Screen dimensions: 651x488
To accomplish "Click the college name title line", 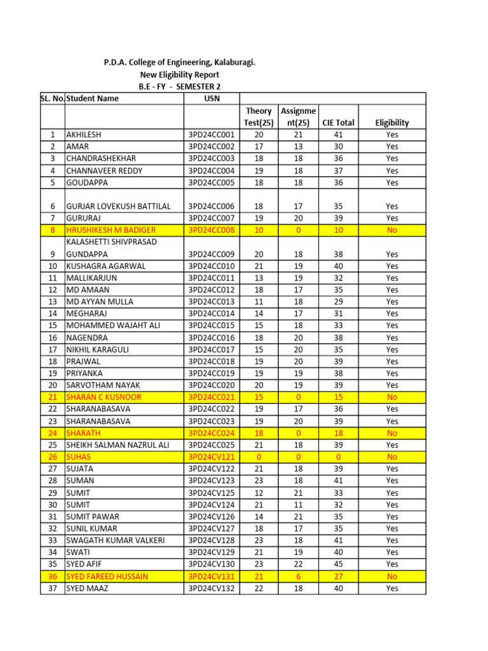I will pyautogui.click(x=180, y=62).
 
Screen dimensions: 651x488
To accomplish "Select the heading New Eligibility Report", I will pyautogui.click(x=180, y=74).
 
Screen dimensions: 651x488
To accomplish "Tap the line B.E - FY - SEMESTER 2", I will pyautogui.click(x=180, y=86).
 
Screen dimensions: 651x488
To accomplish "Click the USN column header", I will pyautogui.click(x=212, y=99).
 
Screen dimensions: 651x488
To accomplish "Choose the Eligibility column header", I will pyautogui.click(x=392, y=123).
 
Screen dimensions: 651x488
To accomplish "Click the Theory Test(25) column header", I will pyautogui.click(x=259, y=116).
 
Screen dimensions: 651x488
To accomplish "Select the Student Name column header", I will pyautogui.click(x=93, y=99).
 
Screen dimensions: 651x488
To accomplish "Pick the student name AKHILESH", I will pyautogui.click(x=84, y=135).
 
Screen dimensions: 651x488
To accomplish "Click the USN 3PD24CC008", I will pyautogui.click(x=212, y=230).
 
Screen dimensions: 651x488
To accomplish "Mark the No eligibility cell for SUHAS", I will pyautogui.click(x=392, y=456).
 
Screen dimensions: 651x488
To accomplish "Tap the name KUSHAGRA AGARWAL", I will pyautogui.click(x=106, y=266).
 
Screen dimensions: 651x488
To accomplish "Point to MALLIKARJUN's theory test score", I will pyautogui.click(x=259, y=278).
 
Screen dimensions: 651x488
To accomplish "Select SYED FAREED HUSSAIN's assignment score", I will pyautogui.click(x=298, y=576).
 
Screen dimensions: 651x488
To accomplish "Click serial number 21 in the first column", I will pyautogui.click(x=52, y=397).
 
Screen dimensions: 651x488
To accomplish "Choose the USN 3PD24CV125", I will pyautogui.click(x=212, y=493).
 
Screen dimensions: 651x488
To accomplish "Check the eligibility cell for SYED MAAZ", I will pyautogui.click(x=392, y=588).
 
